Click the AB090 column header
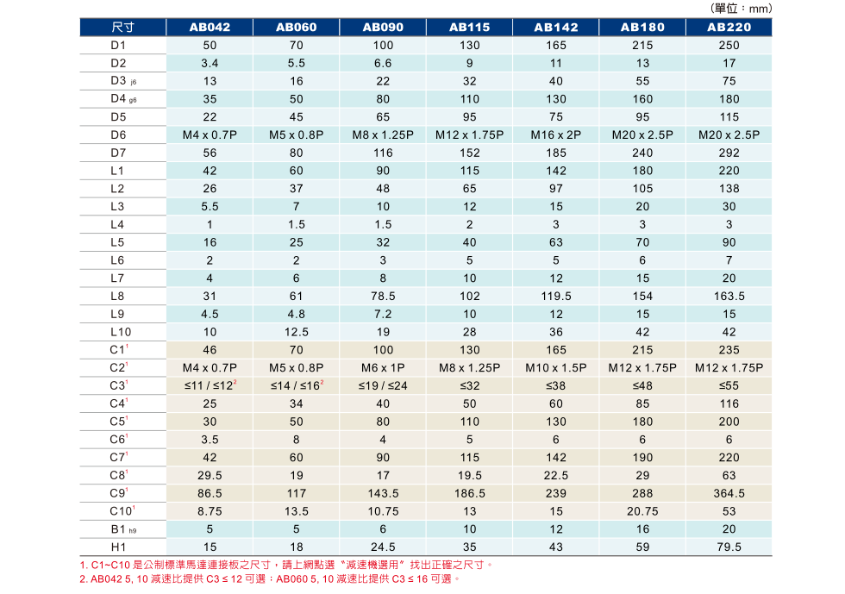pyautogui.click(x=383, y=27)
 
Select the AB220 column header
pyautogui.click(x=729, y=27)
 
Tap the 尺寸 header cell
pyautogui.click(x=122, y=27)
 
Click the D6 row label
pyautogui.click(x=118, y=134)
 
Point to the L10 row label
pyautogui.click(x=121, y=332)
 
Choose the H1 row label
pyautogui.click(x=118, y=547)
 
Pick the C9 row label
pyautogui.click(x=119, y=493)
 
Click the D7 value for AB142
pyautogui.click(x=556, y=153)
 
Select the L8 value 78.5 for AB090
pyautogui.click(x=383, y=296)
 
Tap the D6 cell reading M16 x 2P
pyautogui.click(x=556, y=134)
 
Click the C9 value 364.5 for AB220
pyautogui.click(x=729, y=493)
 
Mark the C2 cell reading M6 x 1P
pyautogui.click(x=383, y=368)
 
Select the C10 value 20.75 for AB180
pyautogui.click(x=642, y=511)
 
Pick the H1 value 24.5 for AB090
pyautogui.click(x=383, y=547)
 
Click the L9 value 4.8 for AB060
pyautogui.click(x=297, y=314)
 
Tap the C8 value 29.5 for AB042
pyautogui.click(x=210, y=475)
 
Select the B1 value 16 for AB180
pyautogui.click(x=642, y=529)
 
